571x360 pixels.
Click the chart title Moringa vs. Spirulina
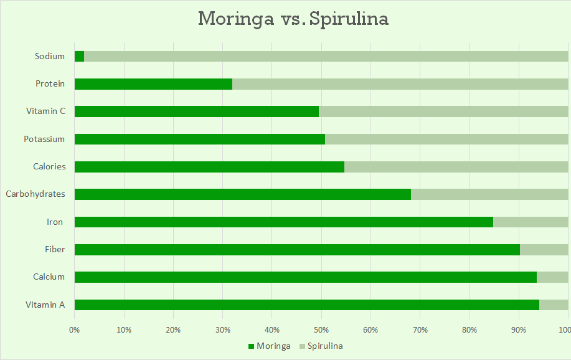coord(293,19)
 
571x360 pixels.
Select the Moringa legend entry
coord(269,346)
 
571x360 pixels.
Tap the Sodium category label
coord(50,56)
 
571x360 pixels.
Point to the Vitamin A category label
coord(45,305)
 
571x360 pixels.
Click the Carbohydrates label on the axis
coord(35,194)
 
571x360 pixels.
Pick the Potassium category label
coord(44,139)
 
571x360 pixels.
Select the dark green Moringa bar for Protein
coord(153,84)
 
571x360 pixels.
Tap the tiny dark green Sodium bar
coord(79,57)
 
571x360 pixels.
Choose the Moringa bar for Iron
coord(283,222)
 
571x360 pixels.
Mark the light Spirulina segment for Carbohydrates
coord(489,194)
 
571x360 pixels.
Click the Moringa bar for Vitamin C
coord(196,111)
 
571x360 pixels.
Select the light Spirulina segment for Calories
coord(456,167)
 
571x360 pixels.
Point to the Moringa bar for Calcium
coord(305,277)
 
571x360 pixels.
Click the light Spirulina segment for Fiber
coord(544,250)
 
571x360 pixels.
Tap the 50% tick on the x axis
coord(321,329)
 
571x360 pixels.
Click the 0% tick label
coord(75,329)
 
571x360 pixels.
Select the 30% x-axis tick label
coord(222,329)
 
